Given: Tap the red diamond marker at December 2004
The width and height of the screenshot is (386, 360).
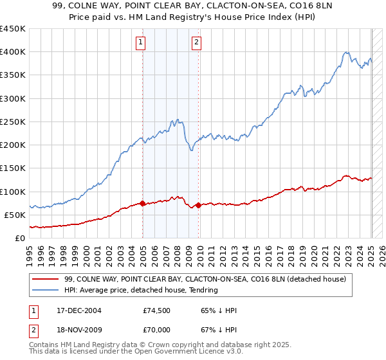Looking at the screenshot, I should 142,203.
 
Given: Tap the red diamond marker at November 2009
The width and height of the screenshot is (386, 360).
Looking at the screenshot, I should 198,205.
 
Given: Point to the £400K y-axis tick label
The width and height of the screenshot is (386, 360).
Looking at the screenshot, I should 13,52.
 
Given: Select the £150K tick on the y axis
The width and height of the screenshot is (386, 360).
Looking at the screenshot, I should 13,168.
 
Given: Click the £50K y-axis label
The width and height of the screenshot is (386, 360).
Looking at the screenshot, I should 15,215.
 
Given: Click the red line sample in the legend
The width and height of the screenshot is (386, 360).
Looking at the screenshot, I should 47,279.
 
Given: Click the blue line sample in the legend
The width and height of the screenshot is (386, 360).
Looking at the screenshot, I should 47,291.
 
